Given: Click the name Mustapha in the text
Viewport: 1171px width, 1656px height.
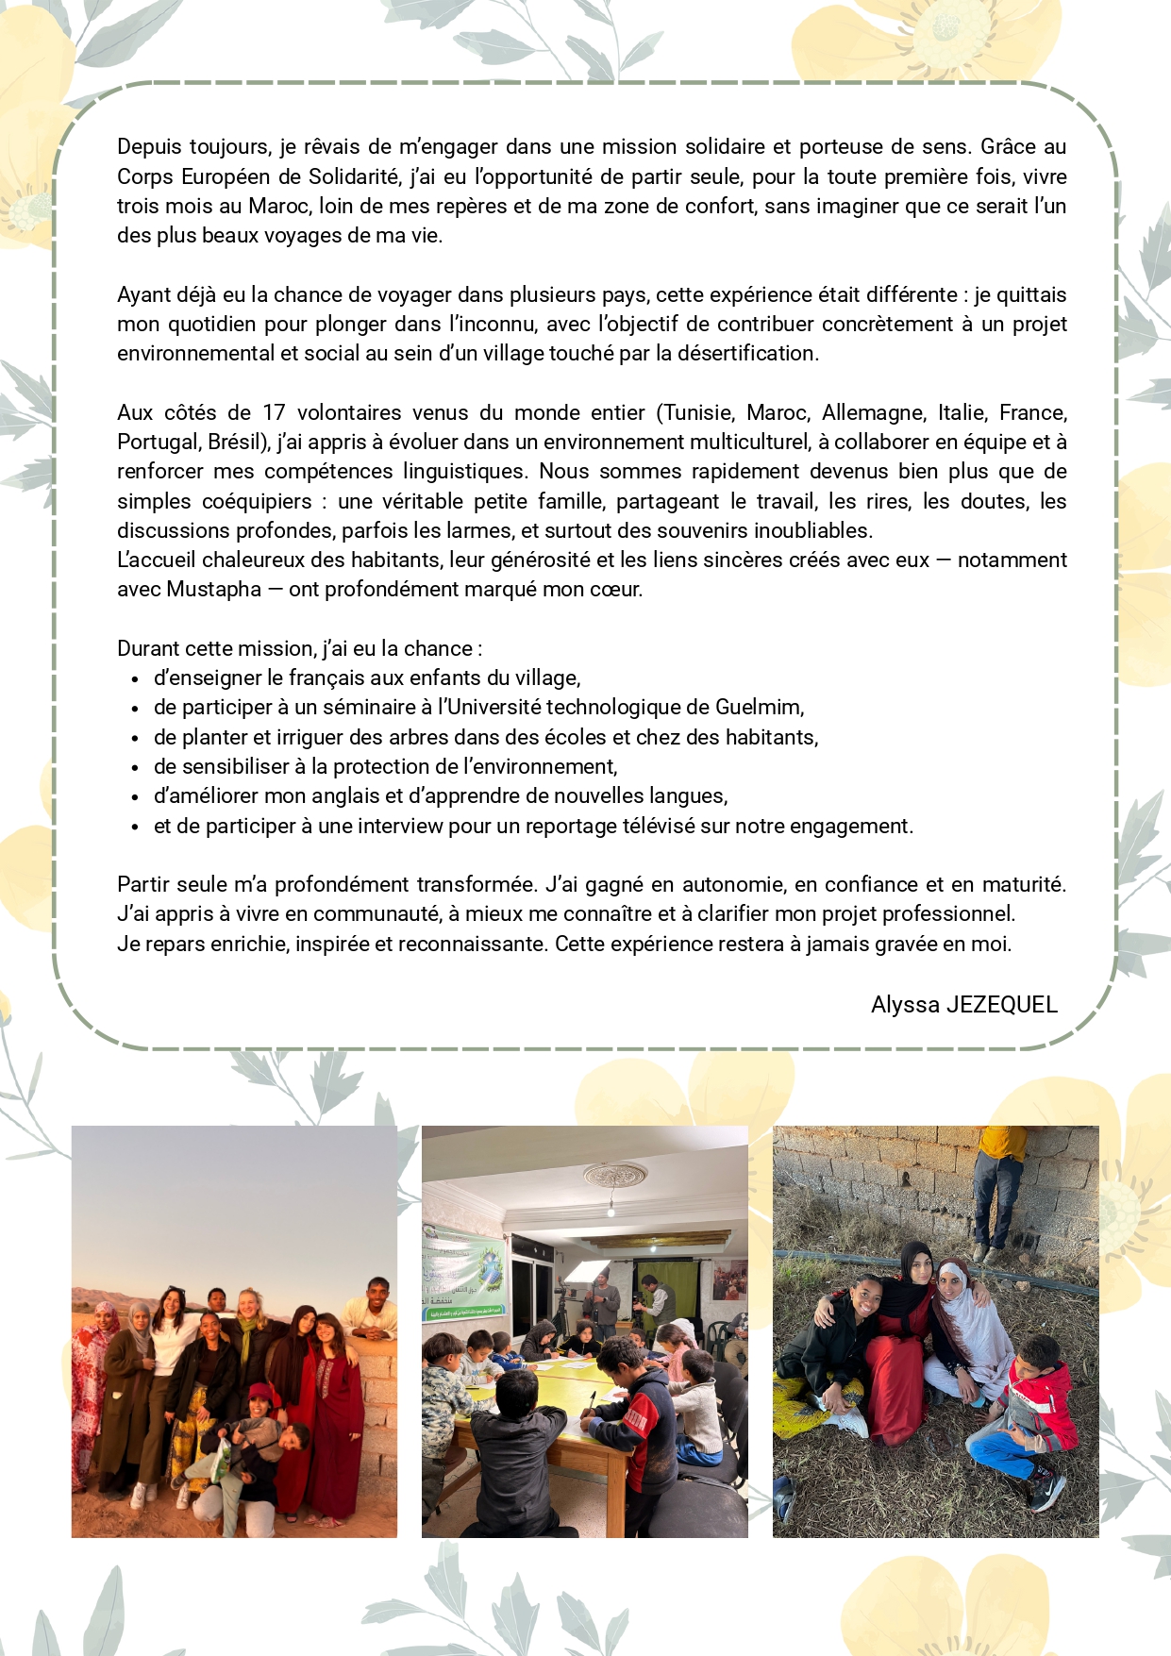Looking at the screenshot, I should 213,590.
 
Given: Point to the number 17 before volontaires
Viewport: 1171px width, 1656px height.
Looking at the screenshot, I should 274,413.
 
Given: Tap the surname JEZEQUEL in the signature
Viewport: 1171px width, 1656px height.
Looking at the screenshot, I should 1001,1005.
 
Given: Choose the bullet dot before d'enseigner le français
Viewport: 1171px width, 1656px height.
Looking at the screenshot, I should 136,679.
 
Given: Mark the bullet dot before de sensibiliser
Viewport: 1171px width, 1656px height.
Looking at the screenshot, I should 136,768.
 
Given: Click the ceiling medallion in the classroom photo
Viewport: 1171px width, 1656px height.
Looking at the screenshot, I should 614,1176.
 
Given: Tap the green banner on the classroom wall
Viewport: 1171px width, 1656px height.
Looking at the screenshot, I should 465,1270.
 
